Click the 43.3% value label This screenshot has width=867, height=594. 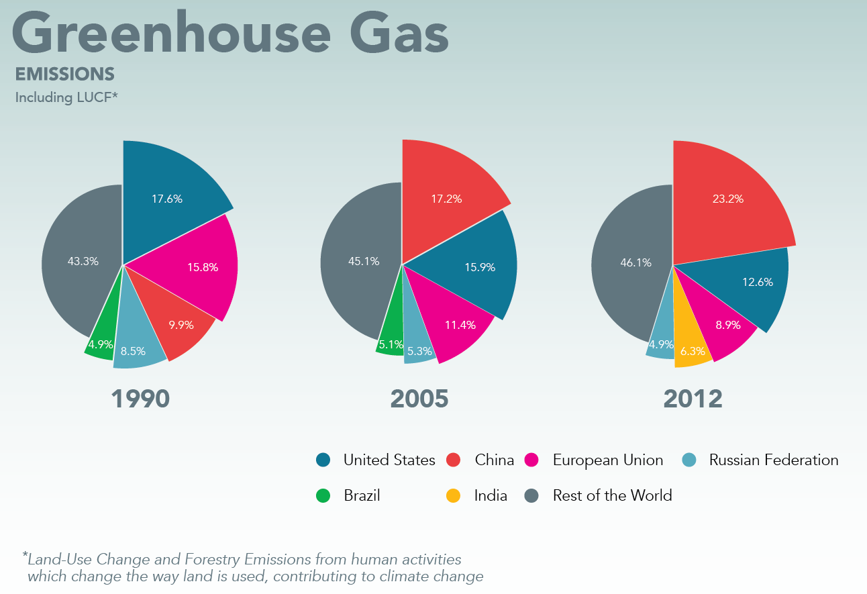[x=83, y=261]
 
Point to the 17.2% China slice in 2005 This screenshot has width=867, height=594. [x=446, y=199]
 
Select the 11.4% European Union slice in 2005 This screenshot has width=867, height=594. [x=460, y=325]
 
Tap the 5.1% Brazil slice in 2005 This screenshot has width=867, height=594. [x=391, y=344]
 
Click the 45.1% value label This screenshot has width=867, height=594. [x=364, y=261]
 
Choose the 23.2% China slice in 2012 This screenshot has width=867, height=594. [x=727, y=199]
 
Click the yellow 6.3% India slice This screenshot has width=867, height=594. [x=693, y=350]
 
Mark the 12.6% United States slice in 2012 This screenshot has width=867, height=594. [x=757, y=282]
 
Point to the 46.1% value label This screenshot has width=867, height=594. [x=635, y=262]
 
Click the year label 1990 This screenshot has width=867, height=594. [x=140, y=399]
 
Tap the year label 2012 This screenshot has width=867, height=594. [x=693, y=399]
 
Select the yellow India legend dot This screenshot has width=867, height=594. [x=454, y=496]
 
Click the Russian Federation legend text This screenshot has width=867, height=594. [x=773, y=460]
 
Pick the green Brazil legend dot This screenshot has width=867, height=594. [x=323, y=496]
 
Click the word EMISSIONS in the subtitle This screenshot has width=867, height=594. [x=65, y=74]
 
